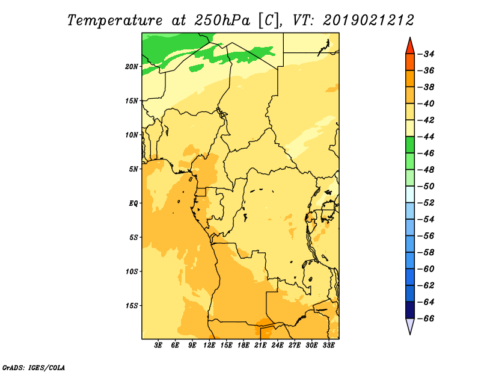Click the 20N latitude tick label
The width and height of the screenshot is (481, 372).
pyautogui.click(x=132, y=67)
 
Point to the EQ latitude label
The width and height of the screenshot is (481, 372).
pyautogui.click(x=133, y=203)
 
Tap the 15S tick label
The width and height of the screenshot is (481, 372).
pyautogui.click(x=132, y=306)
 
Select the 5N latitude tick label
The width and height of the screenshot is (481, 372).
pyautogui.click(x=133, y=169)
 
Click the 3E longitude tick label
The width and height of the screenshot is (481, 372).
pyautogui.click(x=158, y=346)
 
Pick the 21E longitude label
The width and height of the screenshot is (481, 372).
pyautogui.click(x=260, y=346)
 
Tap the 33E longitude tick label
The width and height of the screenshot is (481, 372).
pyautogui.click(x=328, y=346)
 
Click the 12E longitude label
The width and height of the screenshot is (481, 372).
pyautogui.click(x=209, y=346)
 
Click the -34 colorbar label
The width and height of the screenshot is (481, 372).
pyautogui.click(x=426, y=54)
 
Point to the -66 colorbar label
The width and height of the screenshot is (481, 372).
pyautogui.click(x=426, y=318)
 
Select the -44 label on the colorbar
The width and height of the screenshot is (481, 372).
pyautogui.click(x=426, y=137)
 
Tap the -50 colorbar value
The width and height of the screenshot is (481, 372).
pyautogui.click(x=426, y=187)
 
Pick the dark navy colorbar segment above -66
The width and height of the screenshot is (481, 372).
pyautogui.click(x=410, y=310)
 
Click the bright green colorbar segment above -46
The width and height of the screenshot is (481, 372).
pyautogui.click(x=410, y=144)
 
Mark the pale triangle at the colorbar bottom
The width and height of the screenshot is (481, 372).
pyautogui.click(x=410, y=325)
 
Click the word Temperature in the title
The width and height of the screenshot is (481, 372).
pyautogui.click(x=115, y=20)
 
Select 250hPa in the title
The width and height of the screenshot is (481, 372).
pyautogui.click(x=222, y=20)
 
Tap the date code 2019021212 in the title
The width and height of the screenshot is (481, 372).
pyautogui.click(x=369, y=20)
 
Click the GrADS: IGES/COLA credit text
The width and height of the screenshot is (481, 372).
pyautogui.click(x=34, y=367)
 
